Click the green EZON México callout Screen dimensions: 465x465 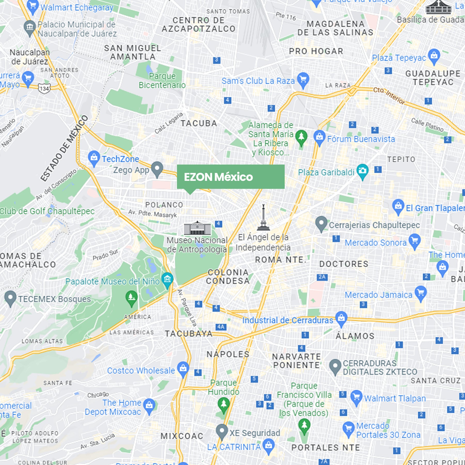[230, 177]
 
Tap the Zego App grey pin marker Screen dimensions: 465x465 [157, 168]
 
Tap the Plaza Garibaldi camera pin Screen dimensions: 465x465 [362, 171]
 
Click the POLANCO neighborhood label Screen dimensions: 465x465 [164, 205]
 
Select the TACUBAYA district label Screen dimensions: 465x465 [189, 334]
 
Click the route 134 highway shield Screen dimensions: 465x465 [44, 89]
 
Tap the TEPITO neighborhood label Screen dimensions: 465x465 [401, 159]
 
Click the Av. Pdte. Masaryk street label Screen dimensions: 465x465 [152, 213]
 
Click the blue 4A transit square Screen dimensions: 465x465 [221, 327]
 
